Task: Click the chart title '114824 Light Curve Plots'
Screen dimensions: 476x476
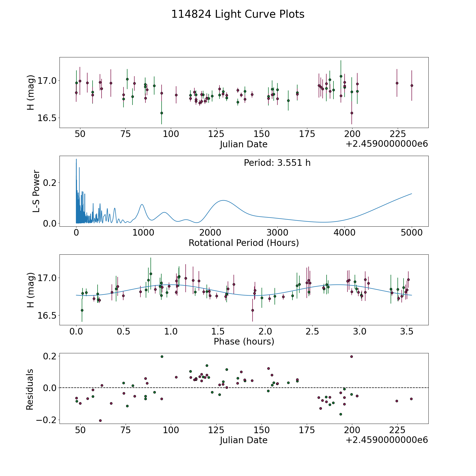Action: pos(238,14)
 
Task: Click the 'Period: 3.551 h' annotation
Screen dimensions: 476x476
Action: pos(277,163)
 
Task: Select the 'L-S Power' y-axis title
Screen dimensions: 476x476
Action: pos(36,191)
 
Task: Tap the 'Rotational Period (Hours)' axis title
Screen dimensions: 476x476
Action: pos(244,243)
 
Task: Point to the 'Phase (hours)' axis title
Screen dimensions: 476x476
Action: pos(244,341)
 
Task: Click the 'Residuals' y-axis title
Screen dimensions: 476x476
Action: pos(30,389)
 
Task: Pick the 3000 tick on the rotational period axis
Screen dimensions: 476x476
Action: pos(277,233)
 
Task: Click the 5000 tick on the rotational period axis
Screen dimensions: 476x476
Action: pos(411,233)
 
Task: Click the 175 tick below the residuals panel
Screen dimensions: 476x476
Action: pos(307,430)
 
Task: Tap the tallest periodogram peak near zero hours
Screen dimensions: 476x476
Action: pos(76,159)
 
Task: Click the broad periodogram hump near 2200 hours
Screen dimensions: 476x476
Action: pos(223,200)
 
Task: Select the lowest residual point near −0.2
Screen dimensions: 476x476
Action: pos(100,420)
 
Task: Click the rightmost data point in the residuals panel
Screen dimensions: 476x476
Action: pos(411,399)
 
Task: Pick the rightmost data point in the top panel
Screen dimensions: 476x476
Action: pos(411,85)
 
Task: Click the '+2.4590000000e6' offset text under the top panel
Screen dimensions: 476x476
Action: pos(387,144)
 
